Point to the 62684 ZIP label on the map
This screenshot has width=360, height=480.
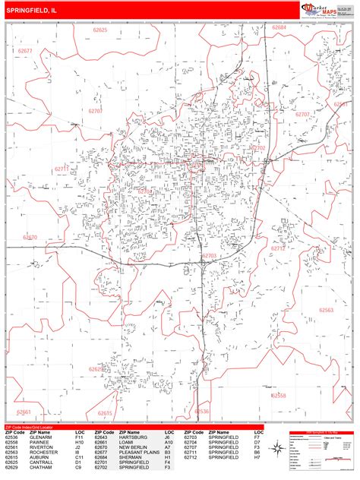click(x=280, y=27)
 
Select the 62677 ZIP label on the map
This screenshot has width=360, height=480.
click(x=25, y=51)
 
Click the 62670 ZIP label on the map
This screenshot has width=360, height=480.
click(x=30, y=238)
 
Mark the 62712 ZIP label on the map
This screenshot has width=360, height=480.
click(x=279, y=248)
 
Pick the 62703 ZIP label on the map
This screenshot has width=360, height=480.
click(x=210, y=256)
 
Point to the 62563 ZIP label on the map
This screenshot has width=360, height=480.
click(x=327, y=310)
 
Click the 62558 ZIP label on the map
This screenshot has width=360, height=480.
click(x=279, y=396)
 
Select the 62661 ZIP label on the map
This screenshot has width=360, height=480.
click(x=24, y=412)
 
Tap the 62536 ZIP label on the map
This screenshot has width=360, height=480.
click(x=201, y=412)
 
